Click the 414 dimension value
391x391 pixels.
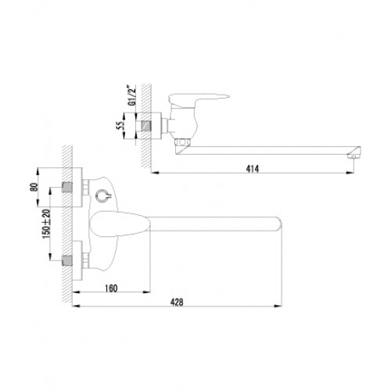tap(253, 169)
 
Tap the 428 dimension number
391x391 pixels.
tap(177, 302)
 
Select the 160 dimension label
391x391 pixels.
tap(111, 289)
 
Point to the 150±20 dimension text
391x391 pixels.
tap(46, 224)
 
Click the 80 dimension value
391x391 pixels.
tap(34, 187)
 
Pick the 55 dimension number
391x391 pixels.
tap(120, 126)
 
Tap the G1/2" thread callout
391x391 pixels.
tap(132, 95)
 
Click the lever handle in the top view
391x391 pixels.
tap(197, 99)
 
